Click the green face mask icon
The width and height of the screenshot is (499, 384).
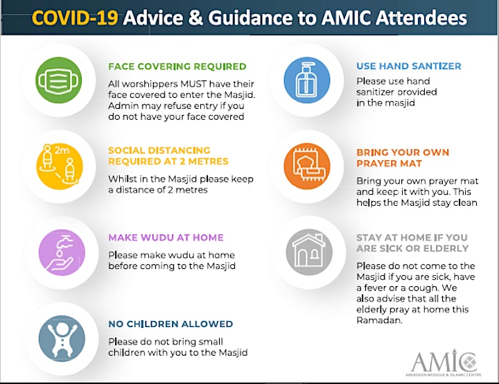(58, 80)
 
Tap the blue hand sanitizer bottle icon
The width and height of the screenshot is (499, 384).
(307, 80)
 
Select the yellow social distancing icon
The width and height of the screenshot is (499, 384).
(60, 166)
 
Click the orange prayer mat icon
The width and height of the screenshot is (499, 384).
(307, 166)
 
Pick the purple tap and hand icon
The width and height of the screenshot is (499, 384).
(62, 252)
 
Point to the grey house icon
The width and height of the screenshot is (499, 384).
(309, 252)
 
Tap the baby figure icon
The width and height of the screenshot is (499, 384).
(62, 338)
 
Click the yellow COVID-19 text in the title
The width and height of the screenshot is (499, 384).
(75, 17)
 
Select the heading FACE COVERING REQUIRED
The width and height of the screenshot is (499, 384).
(177, 67)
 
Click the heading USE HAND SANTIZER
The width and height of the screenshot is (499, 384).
(409, 66)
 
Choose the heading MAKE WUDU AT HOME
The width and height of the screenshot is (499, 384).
(166, 238)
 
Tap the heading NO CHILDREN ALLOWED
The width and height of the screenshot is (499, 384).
(170, 324)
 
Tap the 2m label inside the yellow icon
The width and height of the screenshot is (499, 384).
(62, 150)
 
